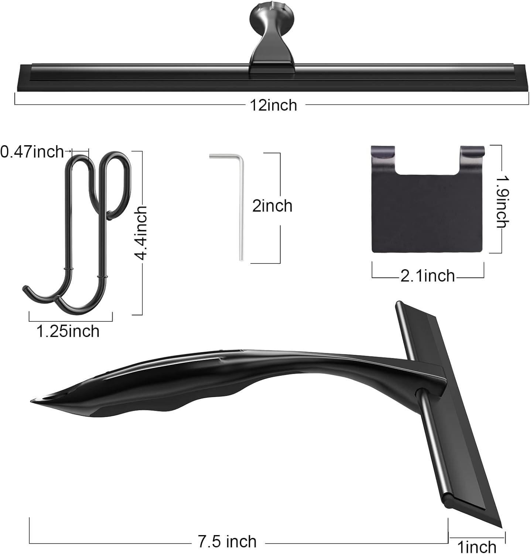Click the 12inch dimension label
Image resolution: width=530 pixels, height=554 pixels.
point(273,105)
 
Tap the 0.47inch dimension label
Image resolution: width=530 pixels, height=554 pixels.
point(32,151)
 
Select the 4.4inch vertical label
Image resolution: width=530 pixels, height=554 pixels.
point(141,233)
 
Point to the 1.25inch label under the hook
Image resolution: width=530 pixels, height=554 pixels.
point(68,331)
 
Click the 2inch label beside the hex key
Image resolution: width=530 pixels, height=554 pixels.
point(272,206)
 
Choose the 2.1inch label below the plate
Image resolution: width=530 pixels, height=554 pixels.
point(427,276)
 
